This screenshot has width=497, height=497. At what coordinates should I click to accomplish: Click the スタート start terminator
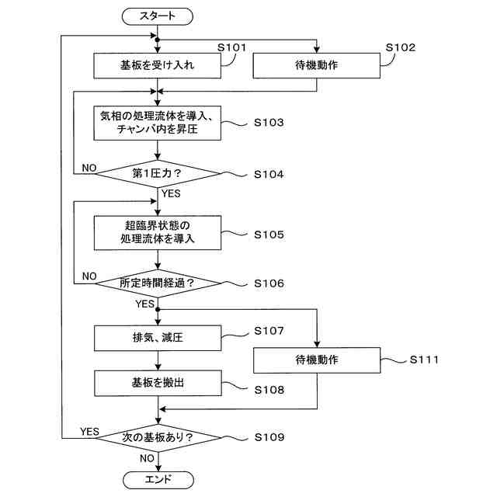coord(157,16)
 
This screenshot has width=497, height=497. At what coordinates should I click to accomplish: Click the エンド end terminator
coord(158,480)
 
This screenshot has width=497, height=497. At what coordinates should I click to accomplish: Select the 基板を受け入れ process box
coord(157,65)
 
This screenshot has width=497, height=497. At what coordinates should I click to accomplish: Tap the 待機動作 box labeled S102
coord(317,65)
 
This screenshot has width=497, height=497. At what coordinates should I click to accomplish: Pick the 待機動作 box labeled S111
coord(317,360)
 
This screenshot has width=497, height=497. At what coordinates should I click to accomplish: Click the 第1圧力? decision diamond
coord(158,174)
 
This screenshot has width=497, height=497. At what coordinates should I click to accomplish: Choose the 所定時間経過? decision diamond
coord(158,283)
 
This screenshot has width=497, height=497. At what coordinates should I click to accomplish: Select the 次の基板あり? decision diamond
coord(158,438)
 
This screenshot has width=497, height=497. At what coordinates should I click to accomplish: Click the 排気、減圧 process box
coord(158,338)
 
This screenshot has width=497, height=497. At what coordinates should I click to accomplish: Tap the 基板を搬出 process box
coord(158,383)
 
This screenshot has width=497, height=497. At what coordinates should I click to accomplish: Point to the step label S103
coord(269,123)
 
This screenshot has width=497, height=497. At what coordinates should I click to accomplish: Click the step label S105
coord(269,235)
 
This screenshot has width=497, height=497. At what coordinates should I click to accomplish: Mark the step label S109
coord(269,437)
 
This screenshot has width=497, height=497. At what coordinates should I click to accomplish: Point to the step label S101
coord(231,47)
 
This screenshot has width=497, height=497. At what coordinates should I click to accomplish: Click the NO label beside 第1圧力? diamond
coord(89,168)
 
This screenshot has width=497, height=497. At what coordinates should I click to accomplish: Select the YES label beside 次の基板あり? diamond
coord(89,432)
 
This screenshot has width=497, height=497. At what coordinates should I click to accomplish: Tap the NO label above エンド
coord(147,458)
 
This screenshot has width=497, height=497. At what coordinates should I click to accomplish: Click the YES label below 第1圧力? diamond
coord(171,193)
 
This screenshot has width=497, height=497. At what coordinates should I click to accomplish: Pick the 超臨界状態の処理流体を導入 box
coord(158,233)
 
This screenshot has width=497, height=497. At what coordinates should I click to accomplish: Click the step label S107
coord(269,331)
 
